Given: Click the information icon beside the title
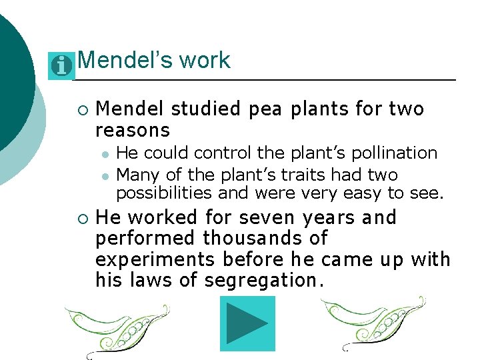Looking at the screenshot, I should coord(61,65).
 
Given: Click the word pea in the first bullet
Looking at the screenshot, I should coord(265,109).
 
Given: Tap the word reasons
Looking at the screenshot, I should coord(133,129).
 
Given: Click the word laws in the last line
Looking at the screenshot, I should coord(155,280).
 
